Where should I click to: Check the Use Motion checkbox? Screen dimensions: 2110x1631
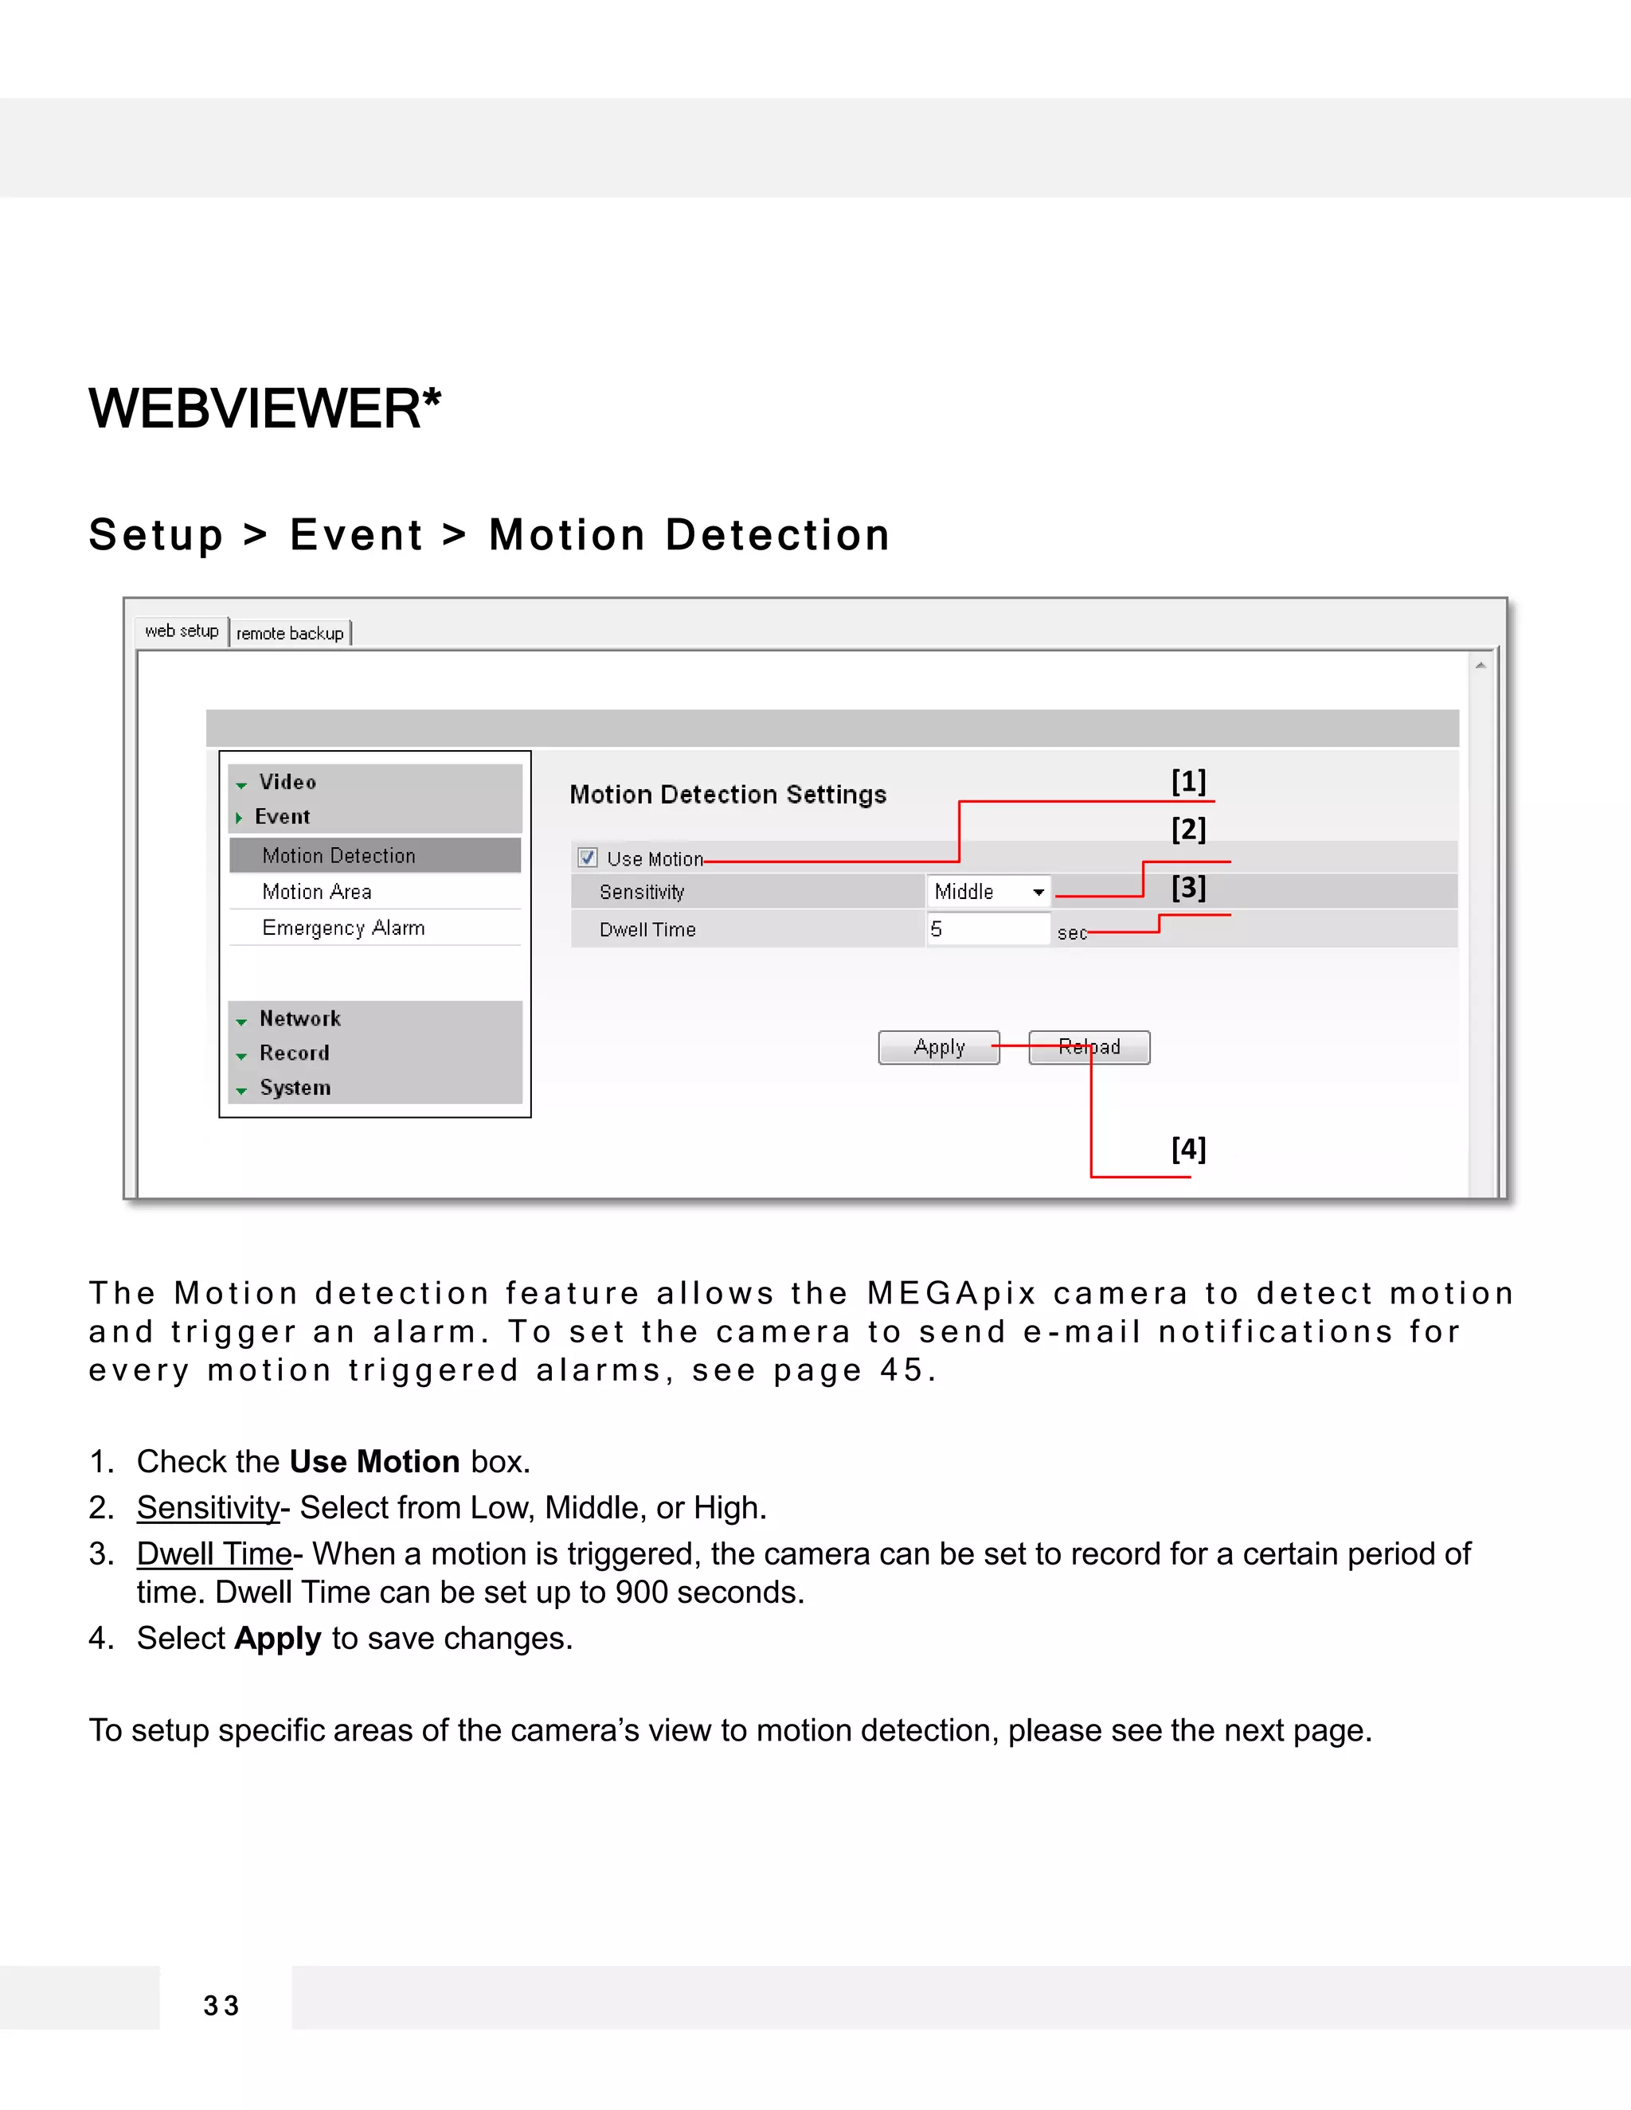588,858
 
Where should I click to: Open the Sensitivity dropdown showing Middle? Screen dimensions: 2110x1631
988,892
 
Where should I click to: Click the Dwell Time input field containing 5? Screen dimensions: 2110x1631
987,929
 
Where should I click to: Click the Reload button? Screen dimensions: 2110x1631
1089,1047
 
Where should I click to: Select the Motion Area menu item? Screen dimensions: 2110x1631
317,892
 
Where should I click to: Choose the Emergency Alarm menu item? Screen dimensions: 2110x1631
343,928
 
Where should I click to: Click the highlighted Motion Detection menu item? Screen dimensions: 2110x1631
338,856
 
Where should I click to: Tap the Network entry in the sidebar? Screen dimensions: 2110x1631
299,1019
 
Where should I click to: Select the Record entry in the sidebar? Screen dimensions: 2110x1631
294,1053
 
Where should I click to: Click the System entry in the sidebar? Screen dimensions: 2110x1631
295,1088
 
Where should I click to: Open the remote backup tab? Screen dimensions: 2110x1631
290,634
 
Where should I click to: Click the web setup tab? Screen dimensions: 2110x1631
182,631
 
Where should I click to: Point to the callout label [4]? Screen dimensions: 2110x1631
1188,1149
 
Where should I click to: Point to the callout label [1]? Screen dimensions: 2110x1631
1188,780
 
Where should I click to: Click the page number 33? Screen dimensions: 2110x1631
221,2006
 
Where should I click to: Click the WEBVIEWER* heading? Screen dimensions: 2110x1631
264,408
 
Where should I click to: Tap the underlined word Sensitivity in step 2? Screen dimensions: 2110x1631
208,1507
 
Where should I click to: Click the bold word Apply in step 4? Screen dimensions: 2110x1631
277,1639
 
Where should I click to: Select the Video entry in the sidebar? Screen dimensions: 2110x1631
287,783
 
